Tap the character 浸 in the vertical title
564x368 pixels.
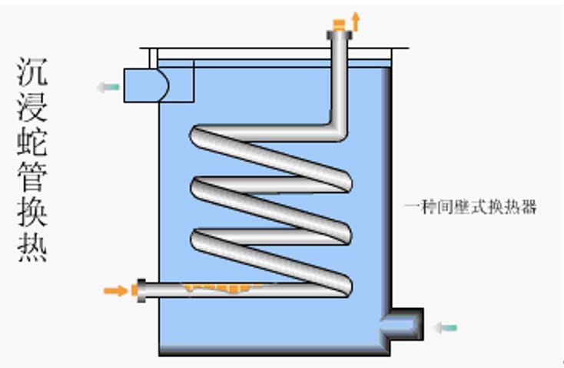[x=32, y=108]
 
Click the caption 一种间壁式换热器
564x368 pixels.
[x=469, y=206]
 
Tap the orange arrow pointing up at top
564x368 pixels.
[x=355, y=20]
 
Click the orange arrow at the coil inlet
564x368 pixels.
[x=115, y=290]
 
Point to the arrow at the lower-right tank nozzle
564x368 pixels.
[x=445, y=328]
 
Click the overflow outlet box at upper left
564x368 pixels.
[x=158, y=82]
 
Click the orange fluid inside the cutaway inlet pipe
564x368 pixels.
[x=223, y=289]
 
